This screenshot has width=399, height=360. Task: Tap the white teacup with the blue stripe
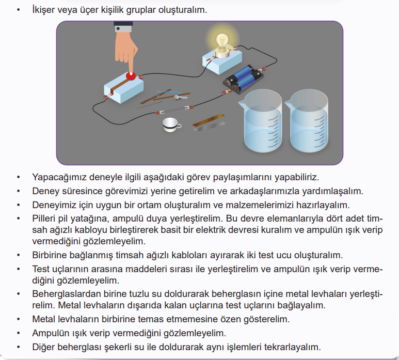(172, 124)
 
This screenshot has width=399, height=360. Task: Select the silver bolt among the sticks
(180, 97)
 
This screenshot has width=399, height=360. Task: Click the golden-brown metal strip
(209, 120)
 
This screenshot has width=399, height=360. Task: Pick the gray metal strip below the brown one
(210, 127)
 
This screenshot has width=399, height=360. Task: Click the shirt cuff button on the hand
(118, 29)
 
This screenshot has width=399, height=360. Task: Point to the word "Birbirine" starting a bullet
(50, 255)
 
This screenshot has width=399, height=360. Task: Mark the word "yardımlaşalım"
(332, 191)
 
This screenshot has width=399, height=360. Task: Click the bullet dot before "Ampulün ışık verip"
(18, 333)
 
